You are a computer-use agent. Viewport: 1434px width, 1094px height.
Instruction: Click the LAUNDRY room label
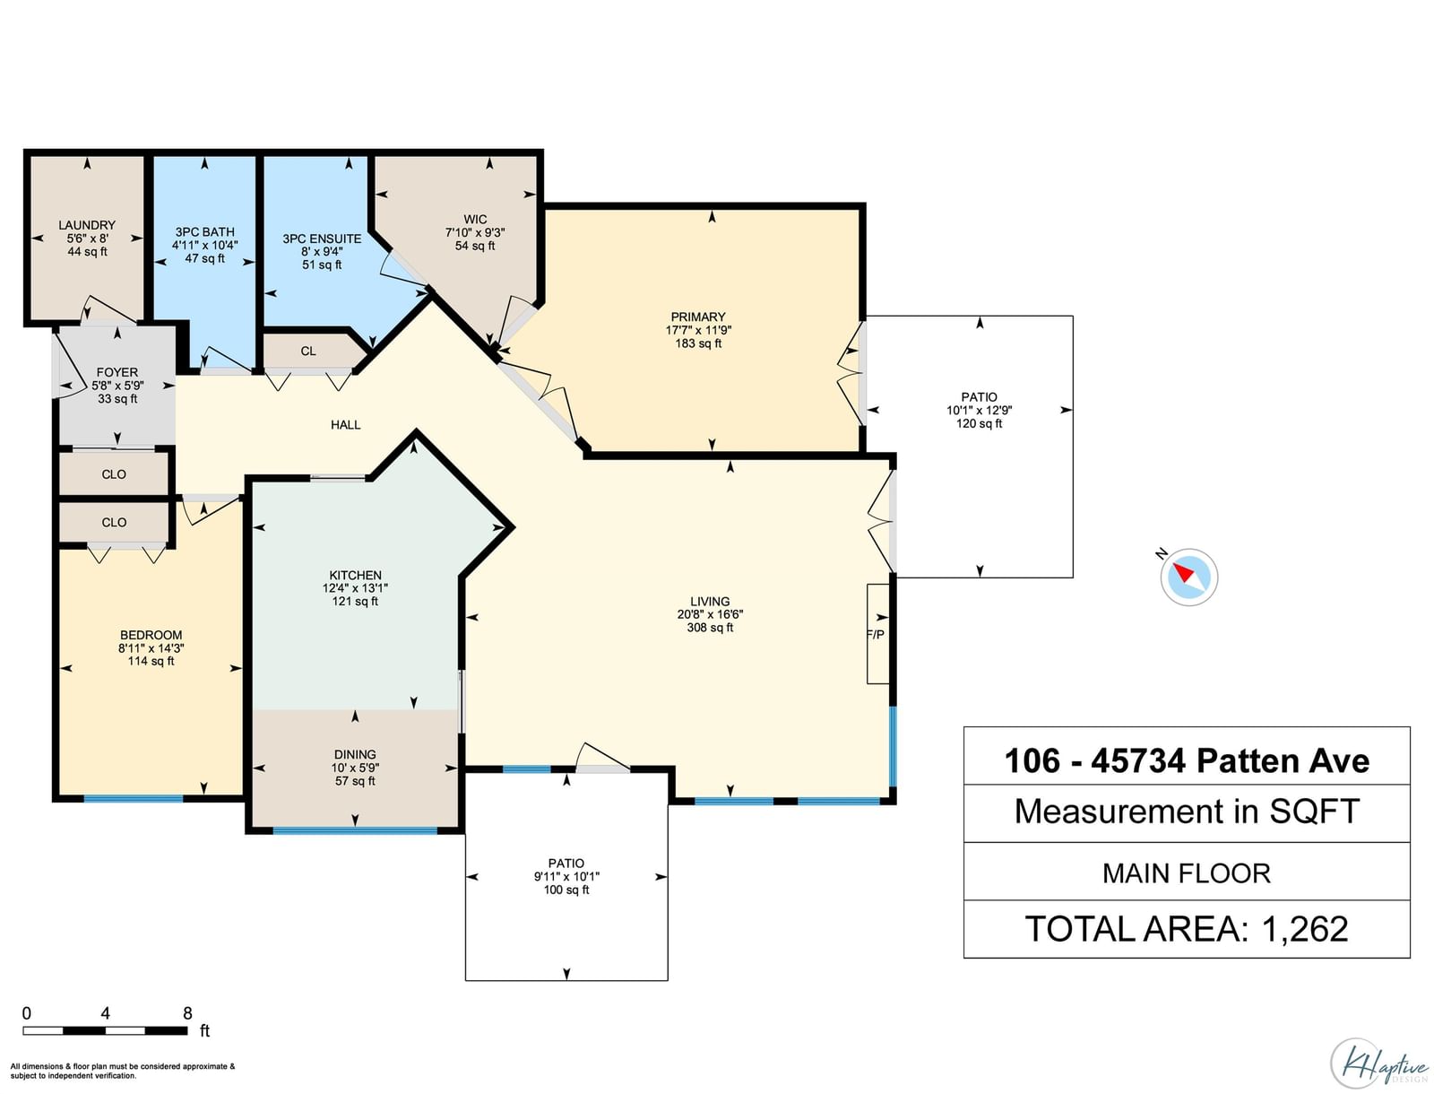[x=87, y=225]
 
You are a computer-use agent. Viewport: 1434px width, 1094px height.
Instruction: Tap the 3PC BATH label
[x=204, y=232]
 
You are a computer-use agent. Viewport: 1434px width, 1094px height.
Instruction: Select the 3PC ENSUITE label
[x=322, y=239]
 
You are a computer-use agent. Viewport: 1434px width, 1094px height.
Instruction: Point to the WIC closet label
[x=475, y=220]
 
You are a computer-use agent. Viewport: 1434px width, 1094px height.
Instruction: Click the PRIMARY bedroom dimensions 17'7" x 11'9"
[x=698, y=330]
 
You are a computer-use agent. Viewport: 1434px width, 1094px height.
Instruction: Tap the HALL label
[x=346, y=425]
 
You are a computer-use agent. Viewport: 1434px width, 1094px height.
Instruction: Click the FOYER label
[x=117, y=372]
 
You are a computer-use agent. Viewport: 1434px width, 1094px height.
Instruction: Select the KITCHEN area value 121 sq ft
[x=355, y=601]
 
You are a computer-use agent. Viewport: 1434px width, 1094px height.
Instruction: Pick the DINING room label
[x=355, y=754]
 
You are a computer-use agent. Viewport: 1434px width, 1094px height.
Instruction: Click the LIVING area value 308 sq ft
[x=710, y=628]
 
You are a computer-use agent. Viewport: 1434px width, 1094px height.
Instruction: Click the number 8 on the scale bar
[x=187, y=1013]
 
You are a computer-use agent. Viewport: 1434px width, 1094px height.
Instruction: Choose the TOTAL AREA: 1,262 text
[x=1187, y=929]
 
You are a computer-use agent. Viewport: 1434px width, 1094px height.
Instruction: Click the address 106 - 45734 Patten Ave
[x=1187, y=760]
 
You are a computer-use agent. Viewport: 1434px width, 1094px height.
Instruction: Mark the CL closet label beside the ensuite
[x=308, y=352]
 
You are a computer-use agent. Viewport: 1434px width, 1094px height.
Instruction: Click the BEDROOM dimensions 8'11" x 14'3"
[x=151, y=648]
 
